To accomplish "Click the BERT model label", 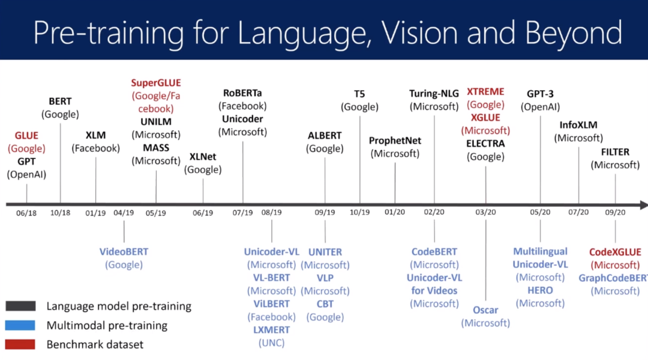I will coord(60,101).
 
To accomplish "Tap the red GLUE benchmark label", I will coord(26,136).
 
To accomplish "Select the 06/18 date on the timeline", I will coord(26,212).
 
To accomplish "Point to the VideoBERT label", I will coord(124,251).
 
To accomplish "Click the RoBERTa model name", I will coord(242,93).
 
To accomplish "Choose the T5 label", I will coord(359,94).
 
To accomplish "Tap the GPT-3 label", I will coord(540,94).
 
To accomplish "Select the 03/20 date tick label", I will coord(485,212).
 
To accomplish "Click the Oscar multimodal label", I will coord(485,310).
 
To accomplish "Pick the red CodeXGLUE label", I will coord(615,252).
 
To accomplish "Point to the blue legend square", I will coord(21,326).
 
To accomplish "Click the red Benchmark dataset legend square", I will coord(21,344).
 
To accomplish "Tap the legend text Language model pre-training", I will coord(119,307).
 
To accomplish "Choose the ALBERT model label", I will coord(325,136).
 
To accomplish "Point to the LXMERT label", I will coord(271,329).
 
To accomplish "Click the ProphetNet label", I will coord(395,140).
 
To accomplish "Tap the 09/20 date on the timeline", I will coord(615,212).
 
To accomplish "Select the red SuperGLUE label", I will coord(156,83).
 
